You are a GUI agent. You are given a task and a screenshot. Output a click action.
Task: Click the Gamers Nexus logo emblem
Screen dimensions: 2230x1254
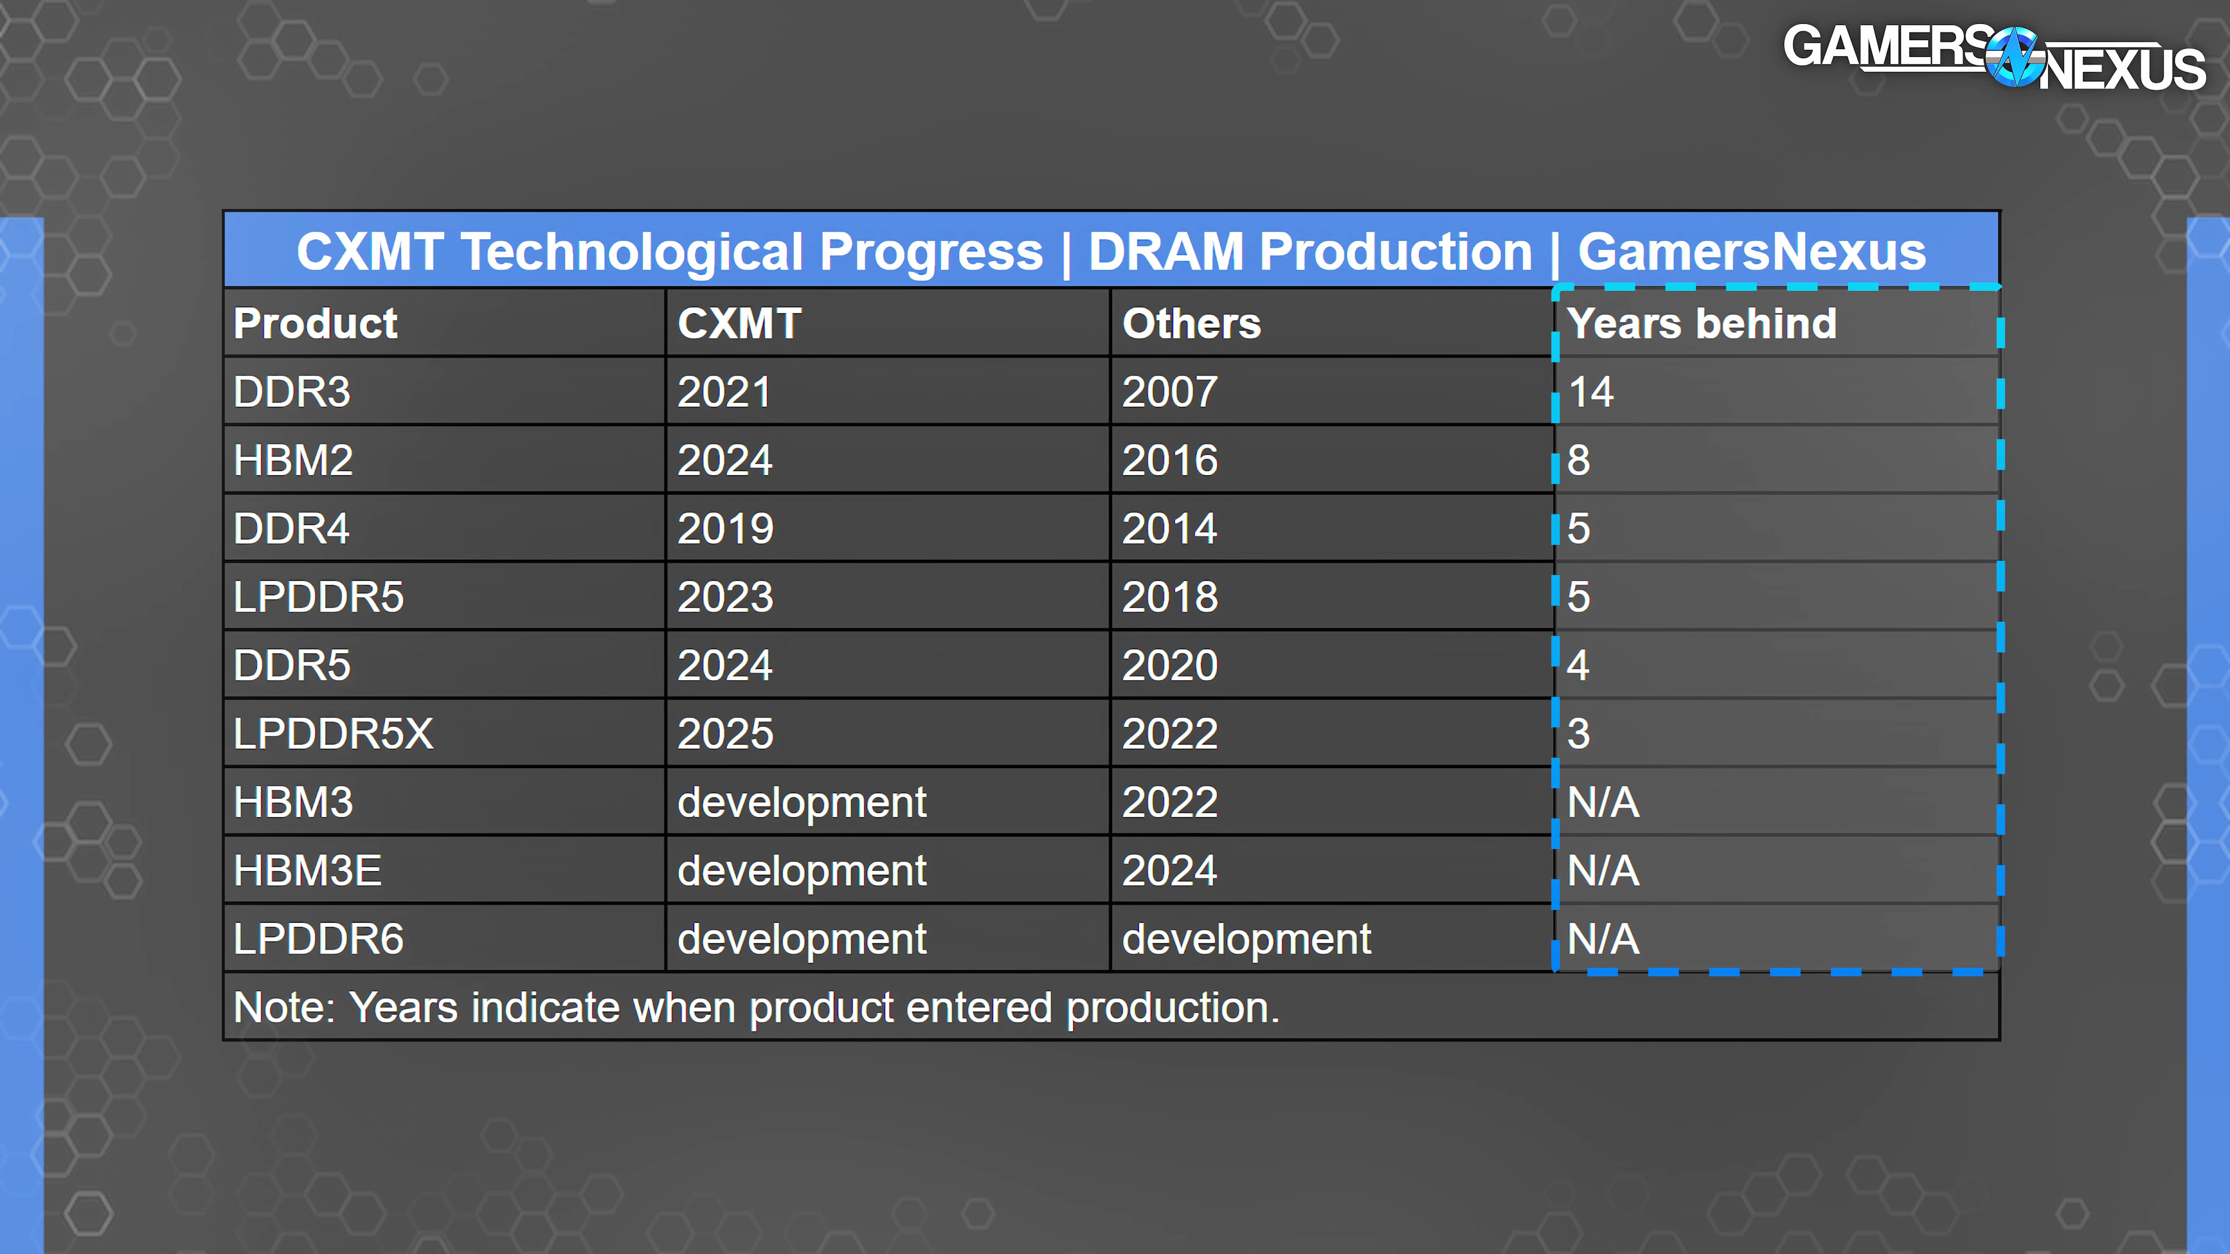coord(2015,56)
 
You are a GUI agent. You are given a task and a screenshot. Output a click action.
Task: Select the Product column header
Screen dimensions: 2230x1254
coord(315,324)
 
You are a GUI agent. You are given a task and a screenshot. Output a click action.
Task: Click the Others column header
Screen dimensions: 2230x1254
coord(1191,324)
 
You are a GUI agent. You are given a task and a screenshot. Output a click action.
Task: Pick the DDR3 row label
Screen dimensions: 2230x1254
coord(292,392)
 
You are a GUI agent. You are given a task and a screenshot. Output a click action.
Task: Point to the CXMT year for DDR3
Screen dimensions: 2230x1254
coord(725,392)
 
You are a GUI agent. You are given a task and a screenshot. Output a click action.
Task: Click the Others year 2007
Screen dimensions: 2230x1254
coord(1170,392)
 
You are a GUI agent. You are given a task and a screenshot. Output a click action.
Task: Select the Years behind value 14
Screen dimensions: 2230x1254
coord(1591,392)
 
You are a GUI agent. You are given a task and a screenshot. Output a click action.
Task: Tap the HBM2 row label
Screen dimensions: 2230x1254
coord(293,460)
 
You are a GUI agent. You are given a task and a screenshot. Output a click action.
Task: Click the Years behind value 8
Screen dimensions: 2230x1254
coord(1579,460)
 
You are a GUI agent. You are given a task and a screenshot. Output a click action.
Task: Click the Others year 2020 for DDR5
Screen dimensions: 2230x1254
coord(1170,665)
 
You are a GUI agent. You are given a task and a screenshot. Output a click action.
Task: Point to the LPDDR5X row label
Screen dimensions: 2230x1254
coord(333,734)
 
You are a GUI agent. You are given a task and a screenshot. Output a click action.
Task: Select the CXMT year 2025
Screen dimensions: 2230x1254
coord(725,734)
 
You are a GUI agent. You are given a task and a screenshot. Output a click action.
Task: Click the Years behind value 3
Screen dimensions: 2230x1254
coord(1579,734)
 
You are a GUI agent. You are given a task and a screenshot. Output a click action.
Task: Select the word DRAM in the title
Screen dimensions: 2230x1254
coord(1165,252)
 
